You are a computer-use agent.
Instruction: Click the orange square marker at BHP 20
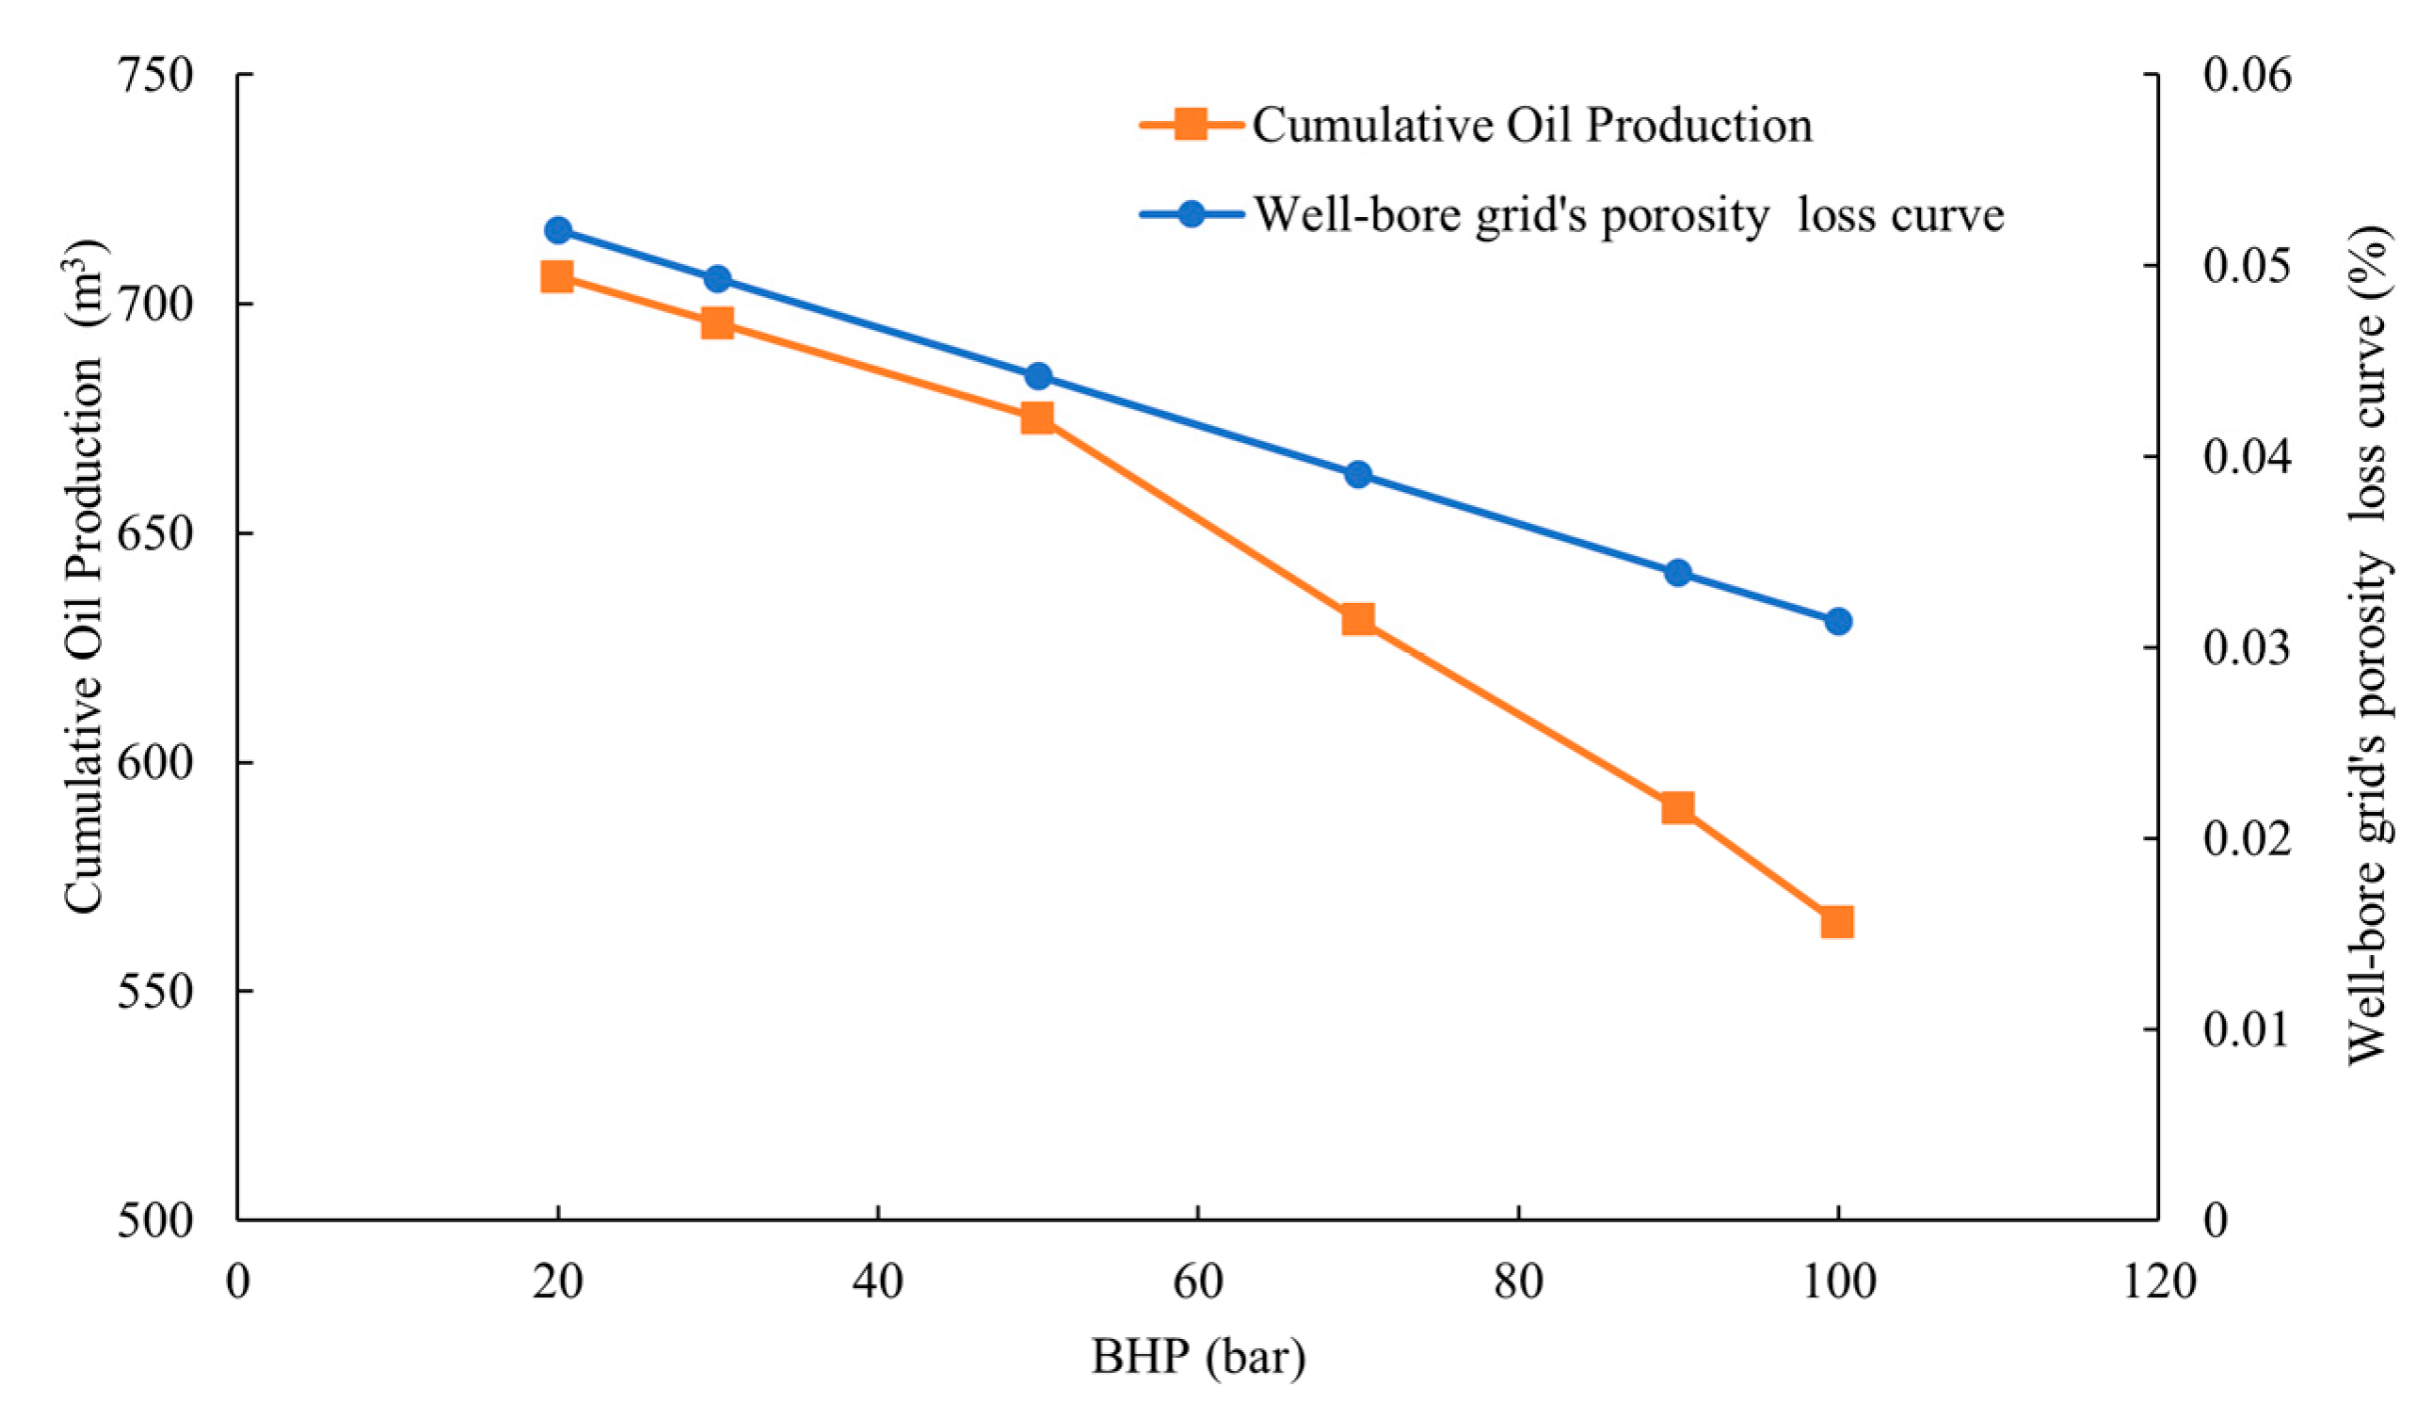(557, 276)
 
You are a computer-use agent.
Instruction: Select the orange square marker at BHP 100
(1836, 921)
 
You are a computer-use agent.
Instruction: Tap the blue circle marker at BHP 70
(1357, 474)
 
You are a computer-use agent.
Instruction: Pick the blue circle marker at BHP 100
(1837, 621)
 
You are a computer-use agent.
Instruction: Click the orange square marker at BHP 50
(1038, 417)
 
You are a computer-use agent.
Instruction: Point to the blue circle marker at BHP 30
(717, 278)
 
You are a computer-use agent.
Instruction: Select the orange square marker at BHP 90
(1677, 807)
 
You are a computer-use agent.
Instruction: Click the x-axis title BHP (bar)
(1198, 1357)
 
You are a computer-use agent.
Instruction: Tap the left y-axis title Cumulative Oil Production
(84, 576)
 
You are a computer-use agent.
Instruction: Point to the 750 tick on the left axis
(155, 75)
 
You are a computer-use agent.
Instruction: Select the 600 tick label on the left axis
(155, 762)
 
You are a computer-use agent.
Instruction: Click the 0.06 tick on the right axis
(2247, 75)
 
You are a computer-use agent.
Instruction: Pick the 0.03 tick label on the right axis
(2247, 648)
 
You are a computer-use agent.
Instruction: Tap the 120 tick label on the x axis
(2159, 1281)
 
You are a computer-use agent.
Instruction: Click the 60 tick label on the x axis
(1198, 1281)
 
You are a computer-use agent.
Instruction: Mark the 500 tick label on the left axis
(155, 1220)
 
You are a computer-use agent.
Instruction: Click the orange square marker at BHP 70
(1357, 619)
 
